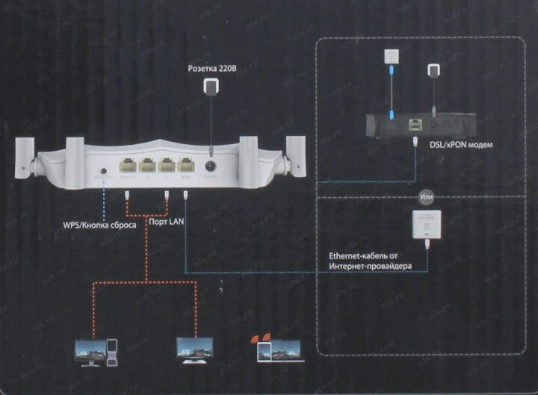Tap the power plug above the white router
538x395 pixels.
click(x=213, y=87)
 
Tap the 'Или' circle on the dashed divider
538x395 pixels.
click(x=427, y=197)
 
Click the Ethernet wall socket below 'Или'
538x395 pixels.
click(x=426, y=223)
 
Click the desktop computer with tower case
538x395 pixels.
click(x=97, y=352)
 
